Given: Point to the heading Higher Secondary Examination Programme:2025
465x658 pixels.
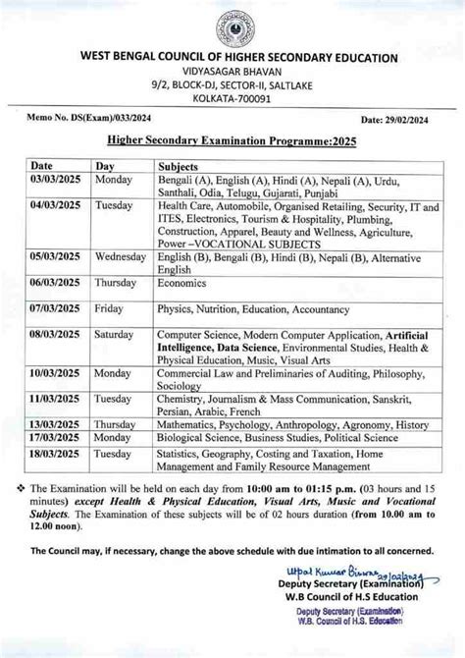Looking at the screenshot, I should point(232,139).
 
